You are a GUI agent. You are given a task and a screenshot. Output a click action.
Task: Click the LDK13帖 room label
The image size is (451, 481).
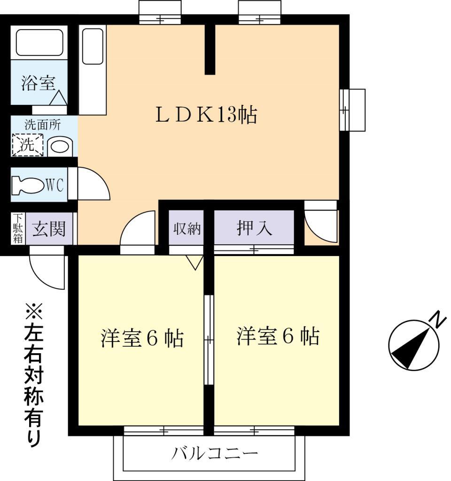coord(206,115)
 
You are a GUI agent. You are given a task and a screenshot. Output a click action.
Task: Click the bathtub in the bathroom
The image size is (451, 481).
coord(39,43)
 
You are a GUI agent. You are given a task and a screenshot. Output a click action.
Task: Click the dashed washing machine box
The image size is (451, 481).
coord(27,145)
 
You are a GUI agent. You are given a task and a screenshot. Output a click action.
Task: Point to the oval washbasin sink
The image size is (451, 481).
coord(60,147)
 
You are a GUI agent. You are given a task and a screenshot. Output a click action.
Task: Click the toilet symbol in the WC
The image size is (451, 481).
coord(27,185)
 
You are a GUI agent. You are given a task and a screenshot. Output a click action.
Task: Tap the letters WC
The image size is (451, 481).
coord(55,185)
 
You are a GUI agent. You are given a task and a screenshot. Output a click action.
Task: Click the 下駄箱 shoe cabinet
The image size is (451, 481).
coord(18,229)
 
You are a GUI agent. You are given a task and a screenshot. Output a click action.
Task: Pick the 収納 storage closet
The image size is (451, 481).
coord(187,229)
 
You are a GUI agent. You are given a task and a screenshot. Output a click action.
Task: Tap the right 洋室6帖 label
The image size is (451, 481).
coord(278,337)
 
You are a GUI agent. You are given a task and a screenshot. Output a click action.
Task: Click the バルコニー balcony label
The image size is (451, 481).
coord(215,454)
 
